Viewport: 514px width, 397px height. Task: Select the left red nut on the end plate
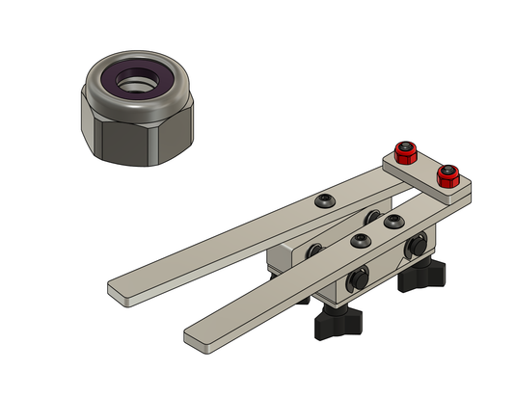click(x=406, y=153)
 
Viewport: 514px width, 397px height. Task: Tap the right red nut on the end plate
click(x=446, y=176)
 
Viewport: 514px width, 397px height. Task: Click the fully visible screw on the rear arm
click(x=326, y=201)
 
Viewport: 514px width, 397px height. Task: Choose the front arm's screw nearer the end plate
click(x=392, y=223)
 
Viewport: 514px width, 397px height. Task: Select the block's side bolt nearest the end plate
click(x=419, y=247)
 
